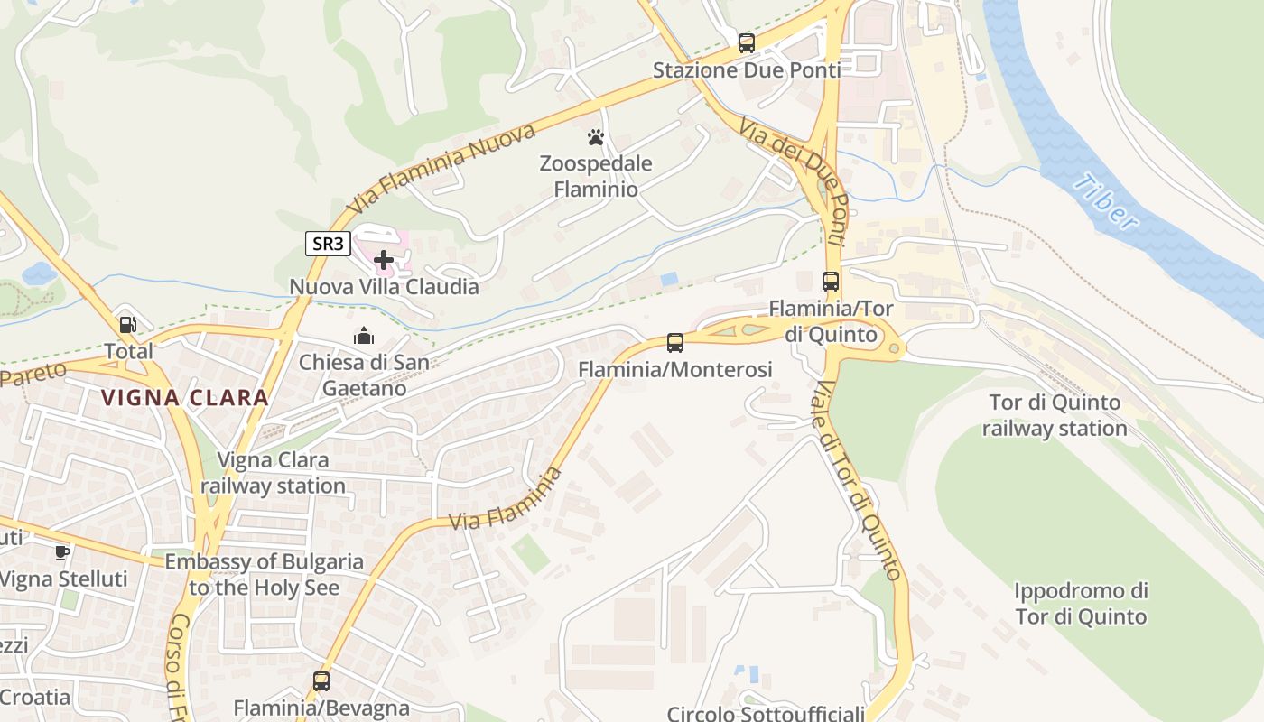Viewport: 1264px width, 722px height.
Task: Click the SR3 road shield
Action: point(328,243)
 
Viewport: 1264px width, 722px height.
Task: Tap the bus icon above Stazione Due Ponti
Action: point(746,42)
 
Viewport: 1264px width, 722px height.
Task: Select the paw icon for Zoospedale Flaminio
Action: point(595,137)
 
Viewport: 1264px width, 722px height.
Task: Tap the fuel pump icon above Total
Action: point(128,325)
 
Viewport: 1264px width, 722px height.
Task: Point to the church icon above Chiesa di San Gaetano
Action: point(364,337)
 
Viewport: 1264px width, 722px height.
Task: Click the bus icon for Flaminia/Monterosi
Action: point(675,343)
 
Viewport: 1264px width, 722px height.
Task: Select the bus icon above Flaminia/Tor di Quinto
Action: point(831,282)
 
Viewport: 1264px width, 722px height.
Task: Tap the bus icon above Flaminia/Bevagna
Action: point(321,681)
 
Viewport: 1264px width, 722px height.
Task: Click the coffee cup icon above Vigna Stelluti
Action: point(62,552)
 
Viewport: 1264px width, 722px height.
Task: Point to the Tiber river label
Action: point(1105,201)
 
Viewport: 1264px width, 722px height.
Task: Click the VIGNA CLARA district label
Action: point(184,397)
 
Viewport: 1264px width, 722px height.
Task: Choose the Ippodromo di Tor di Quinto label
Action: point(1081,604)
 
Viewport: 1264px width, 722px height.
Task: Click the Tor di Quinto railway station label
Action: point(1055,415)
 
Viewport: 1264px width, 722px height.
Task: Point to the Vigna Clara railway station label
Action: point(273,473)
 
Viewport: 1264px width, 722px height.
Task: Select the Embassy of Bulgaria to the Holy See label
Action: point(265,574)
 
